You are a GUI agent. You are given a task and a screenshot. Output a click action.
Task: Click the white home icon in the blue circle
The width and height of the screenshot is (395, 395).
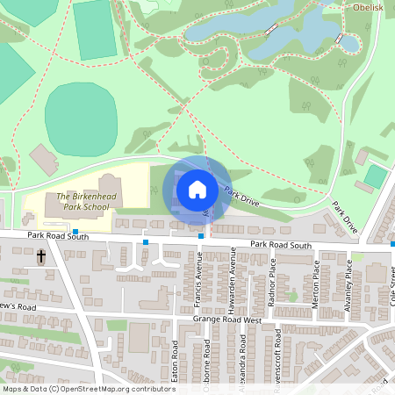(197, 189)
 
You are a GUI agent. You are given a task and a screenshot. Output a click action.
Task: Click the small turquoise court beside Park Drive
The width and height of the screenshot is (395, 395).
(375, 176)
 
